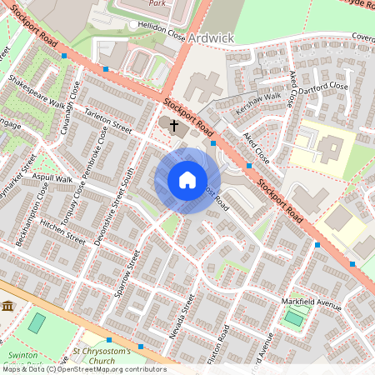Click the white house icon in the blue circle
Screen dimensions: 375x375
[x=187, y=180]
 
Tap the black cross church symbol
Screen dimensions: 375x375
[x=174, y=126]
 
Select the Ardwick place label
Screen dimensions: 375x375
[x=211, y=38]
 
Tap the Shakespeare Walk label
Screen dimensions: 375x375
[x=36, y=93]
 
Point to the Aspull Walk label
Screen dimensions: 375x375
[x=52, y=179]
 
